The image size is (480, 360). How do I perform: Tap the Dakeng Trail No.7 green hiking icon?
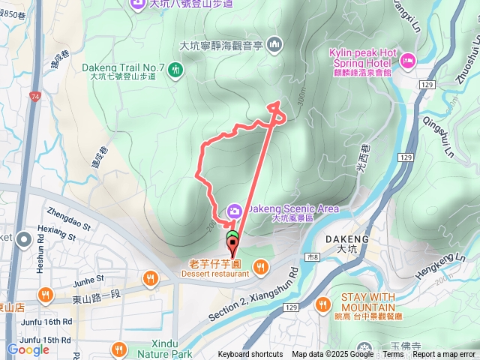(x=177, y=70)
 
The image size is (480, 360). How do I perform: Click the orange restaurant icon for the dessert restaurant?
(x=260, y=265)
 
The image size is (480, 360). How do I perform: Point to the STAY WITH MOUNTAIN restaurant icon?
(x=324, y=304)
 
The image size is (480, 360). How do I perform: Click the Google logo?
(x=28, y=349)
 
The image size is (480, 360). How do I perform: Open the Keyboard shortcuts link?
(x=250, y=355)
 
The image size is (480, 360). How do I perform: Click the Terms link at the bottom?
(x=393, y=355)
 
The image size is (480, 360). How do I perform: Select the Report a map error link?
(x=445, y=355)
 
